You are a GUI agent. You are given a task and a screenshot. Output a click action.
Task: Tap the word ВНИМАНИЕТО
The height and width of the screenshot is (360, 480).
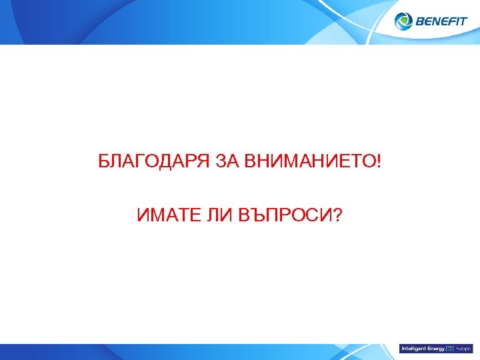[x=311, y=162]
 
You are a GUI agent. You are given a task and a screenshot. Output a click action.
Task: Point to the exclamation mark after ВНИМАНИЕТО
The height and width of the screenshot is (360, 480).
[x=379, y=162]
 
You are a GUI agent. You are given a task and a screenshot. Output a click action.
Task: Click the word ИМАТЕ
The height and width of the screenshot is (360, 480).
[x=165, y=215]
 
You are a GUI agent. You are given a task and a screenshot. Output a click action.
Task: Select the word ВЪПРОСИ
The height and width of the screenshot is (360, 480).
[x=283, y=215]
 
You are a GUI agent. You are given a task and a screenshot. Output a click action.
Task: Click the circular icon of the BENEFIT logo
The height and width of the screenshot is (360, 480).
[x=404, y=21]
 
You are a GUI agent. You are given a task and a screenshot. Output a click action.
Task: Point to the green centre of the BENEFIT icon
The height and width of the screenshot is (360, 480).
[x=404, y=22]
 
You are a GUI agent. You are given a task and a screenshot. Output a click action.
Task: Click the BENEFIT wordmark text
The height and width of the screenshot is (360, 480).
[x=441, y=22]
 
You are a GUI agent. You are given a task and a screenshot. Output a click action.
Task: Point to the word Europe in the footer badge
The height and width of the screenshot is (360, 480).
[x=463, y=349]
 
